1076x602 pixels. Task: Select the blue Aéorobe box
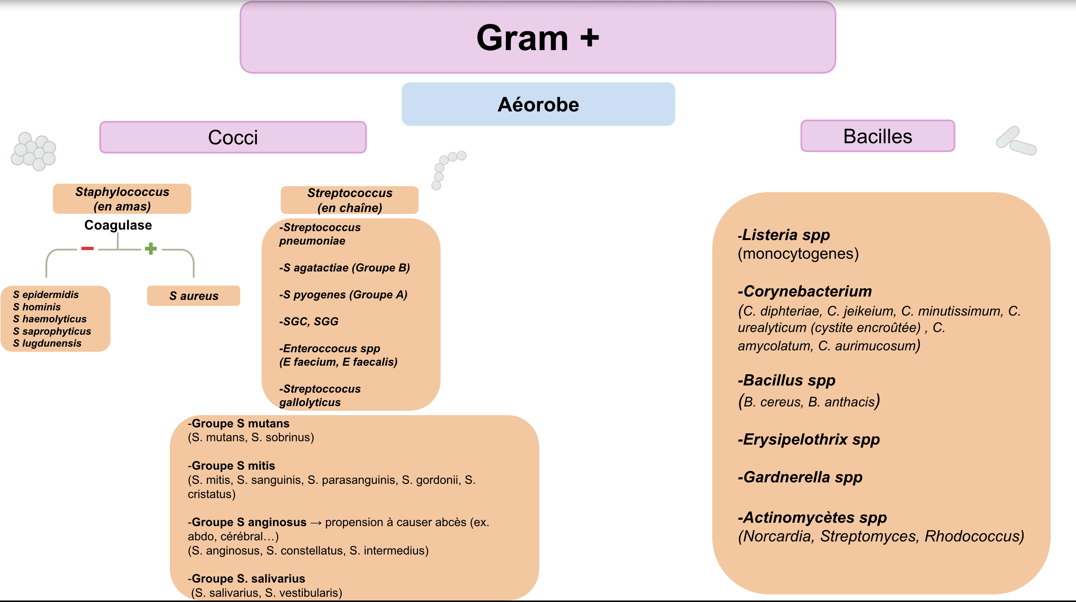(538, 104)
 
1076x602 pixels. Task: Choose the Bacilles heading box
(877, 136)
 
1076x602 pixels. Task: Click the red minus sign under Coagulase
(87, 249)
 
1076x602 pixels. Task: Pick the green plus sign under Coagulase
(150, 249)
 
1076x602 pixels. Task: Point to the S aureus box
(193, 296)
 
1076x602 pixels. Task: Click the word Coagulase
(118, 225)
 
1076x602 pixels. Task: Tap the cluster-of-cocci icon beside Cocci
(33, 151)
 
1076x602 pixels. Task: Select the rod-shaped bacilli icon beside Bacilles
(1016, 141)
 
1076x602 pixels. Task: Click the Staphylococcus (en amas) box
(122, 199)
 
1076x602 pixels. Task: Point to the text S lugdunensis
(47, 343)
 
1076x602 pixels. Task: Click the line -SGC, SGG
(309, 321)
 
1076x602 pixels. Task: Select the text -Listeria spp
(784, 235)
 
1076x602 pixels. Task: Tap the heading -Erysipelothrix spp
(809, 439)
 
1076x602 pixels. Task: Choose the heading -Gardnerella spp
(800, 477)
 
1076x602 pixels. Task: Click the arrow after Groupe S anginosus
(316, 523)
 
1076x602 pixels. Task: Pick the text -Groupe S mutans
(239, 424)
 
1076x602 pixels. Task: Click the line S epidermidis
(46, 295)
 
